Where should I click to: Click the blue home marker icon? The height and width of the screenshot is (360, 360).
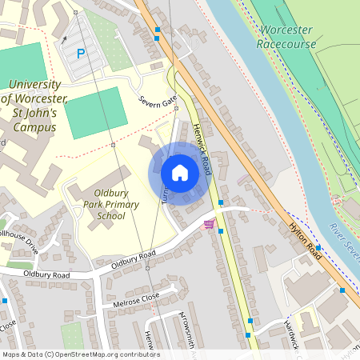coord(179,173)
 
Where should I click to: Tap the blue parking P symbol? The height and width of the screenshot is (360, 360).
coord(80,54)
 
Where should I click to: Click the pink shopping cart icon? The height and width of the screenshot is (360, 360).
coord(210,225)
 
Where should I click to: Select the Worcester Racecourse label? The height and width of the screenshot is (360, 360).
coord(285,38)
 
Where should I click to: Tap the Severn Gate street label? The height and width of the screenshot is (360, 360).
coord(157,102)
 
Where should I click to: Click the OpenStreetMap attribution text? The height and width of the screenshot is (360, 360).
coord(81,354)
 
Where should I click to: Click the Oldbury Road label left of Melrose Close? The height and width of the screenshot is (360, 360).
coord(47,274)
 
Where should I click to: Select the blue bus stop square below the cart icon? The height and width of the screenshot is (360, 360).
coord(221,231)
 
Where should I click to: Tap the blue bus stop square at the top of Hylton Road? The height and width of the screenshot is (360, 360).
coord(158,30)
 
